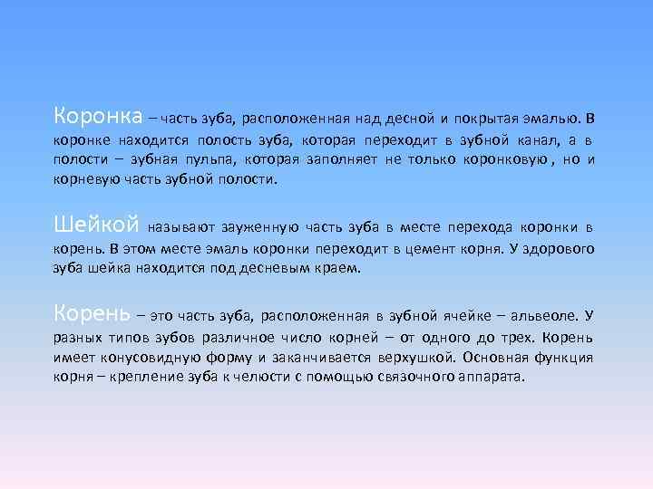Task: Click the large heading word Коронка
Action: point(98,117)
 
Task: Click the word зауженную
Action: point(257,225)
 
